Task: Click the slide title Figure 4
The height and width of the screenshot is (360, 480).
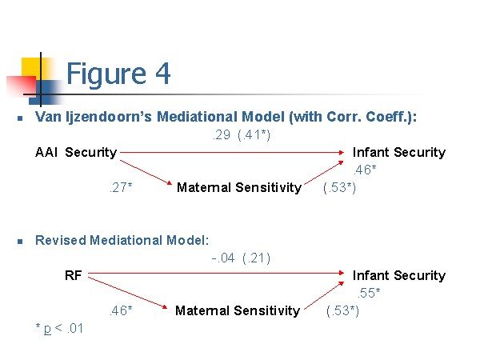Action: tap(118, 74)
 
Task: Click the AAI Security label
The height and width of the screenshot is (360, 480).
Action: tap(76, 152)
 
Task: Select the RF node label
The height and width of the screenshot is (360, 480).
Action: tap(73, 275)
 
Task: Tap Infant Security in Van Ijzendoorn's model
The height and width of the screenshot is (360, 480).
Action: tap(399, 152)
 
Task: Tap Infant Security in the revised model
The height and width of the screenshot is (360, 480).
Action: tap(399, 275)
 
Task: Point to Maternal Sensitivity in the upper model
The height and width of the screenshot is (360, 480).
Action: tap(239, 187)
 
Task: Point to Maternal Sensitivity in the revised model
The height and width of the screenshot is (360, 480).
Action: tap(238, 310)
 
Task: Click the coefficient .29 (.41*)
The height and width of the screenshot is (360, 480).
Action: tap(242, 134)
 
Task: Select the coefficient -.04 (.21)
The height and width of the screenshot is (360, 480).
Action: tap(241, 258)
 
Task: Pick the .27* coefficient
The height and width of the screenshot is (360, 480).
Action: tap(121, 187)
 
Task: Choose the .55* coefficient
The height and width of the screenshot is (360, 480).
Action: tap(369, 293)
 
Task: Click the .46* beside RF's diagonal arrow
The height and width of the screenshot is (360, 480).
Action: tap(121, 310)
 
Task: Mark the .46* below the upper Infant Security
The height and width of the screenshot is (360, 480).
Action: tap(365, 170)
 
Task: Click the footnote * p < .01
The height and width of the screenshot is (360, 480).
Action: tap(59, 329)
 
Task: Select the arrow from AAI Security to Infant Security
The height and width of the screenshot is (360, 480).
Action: tap(232, 152)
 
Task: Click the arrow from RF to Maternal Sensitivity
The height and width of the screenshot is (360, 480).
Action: tap(128, 292)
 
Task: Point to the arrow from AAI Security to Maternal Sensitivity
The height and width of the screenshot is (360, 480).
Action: tap(146, 172)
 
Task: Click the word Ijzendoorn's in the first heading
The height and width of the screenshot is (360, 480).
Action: tap(109, 117)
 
